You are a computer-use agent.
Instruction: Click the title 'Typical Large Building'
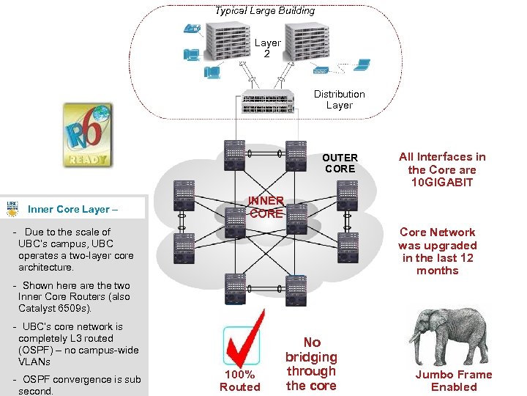(x=264, y=10)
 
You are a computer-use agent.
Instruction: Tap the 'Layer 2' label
(x=267, y=48)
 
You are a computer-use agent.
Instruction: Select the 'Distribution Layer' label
(x=339, y=100)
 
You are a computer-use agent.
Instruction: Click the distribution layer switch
(x=268, y=103)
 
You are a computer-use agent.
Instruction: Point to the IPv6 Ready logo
(x=87, y=134)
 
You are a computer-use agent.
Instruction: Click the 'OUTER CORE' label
(x=340, y=163)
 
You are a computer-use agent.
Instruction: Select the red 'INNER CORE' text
(x=266, y=207)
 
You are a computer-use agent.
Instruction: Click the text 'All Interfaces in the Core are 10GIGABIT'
(x=441, y=169)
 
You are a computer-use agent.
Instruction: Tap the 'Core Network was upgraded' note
(x=438, y=251)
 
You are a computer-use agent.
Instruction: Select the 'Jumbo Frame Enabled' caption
(x=454, y=381)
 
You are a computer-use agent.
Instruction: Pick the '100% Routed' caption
(x=240, y=381)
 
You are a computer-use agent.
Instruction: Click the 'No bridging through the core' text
(x=311, y=364)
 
